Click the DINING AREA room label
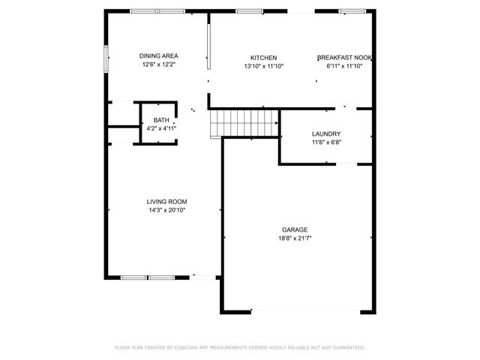(x=159, y=55)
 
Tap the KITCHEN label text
(x=263, y=58)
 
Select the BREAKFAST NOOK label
(x=345, y=58)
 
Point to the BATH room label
(x=161, y=120)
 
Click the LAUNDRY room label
(x=326, y=134)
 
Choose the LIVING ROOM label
(x=166, y=202)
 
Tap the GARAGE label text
(x=295, y=229)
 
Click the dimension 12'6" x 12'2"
(x=159, y=65)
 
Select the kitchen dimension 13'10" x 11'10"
(x=263, y=66)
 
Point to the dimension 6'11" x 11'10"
(x=345, y=66)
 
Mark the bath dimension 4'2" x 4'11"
(x=161, y=128)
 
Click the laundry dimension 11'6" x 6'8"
(x=326, y=142)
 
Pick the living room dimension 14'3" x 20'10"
(x=166, y=210)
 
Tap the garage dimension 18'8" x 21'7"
(x=295, y=238)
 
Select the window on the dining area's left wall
(x=106, y=58)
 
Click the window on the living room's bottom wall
(x=148, y=277)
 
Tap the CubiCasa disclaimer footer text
(x=239, y=348)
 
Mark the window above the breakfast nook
(x=351, y=11)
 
